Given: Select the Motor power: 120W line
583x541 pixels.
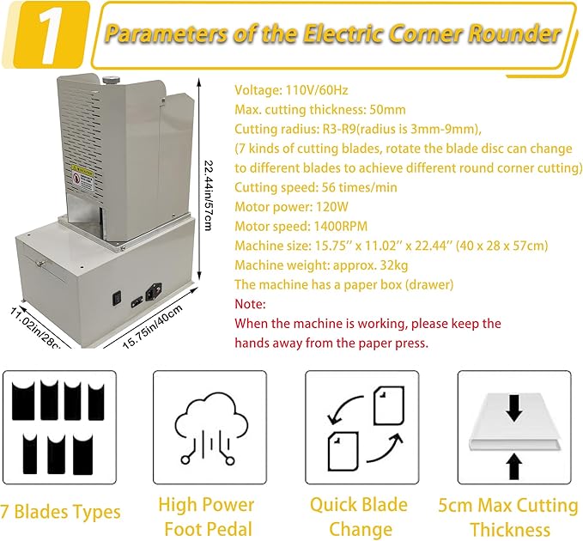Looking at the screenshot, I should (288, 207).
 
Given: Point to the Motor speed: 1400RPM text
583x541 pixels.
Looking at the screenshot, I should (296, 226).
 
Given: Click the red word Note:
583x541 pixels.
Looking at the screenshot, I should (251, 304).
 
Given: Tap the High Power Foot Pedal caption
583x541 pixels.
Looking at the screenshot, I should (206, 516).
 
